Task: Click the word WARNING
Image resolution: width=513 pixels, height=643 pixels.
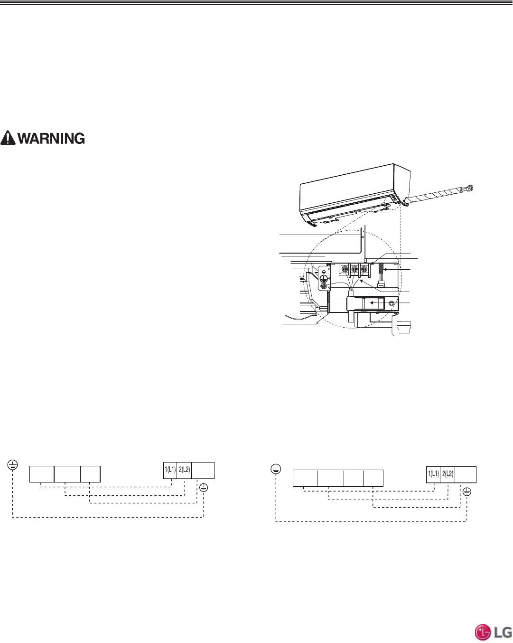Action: pos(51,138)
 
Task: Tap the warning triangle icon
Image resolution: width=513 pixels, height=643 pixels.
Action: pos(8,138)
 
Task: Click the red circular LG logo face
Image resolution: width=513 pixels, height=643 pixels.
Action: pos(483,633)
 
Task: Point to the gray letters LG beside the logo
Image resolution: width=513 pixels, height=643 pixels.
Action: pos(503,633)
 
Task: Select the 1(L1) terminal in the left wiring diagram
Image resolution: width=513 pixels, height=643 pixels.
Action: pos(170,470)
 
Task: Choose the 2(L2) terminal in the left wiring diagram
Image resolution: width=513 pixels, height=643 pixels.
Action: pos(184,470)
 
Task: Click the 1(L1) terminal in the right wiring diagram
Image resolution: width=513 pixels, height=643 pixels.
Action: pos(434,474)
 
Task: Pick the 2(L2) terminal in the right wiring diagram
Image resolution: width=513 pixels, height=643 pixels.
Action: pos(448,474)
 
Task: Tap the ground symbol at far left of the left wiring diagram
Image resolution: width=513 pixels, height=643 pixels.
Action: pos(13,465)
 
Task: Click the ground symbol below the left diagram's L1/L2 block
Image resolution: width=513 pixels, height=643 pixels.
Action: pos(204,487)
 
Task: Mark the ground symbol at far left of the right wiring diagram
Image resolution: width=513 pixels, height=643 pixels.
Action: pos(276,469)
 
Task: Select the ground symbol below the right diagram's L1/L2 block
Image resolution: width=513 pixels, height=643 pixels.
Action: pos(467,492)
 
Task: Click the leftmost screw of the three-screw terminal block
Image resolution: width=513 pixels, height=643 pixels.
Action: pos(345,269)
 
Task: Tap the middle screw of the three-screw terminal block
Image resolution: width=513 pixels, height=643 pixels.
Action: pos(354,269)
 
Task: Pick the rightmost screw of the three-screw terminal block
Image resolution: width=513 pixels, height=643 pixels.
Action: pos(364,269)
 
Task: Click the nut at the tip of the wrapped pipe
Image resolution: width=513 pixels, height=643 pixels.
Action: pos(470,188)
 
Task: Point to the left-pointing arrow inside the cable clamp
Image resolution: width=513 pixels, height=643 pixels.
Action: pos(377,302)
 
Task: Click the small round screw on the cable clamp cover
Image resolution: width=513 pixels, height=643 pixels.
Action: pos(392,303)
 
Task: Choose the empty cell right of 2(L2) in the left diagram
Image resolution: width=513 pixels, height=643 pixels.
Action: pos(203,470)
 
